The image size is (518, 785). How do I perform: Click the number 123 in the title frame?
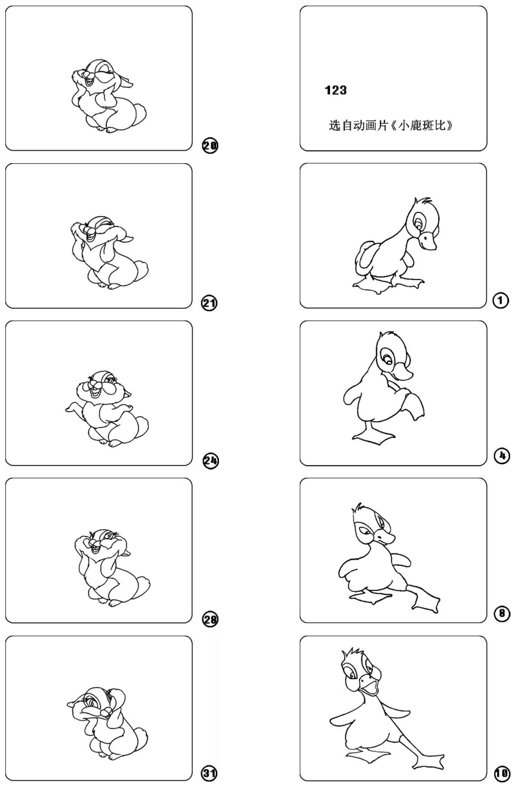[x=335, y=90]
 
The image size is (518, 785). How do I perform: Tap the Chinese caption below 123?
[x=391, y=125]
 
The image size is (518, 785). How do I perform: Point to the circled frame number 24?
[x=210, y=461]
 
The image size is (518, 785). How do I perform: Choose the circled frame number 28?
[x=210, y=619]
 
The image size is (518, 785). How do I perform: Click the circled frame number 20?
[x=210, y=146]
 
